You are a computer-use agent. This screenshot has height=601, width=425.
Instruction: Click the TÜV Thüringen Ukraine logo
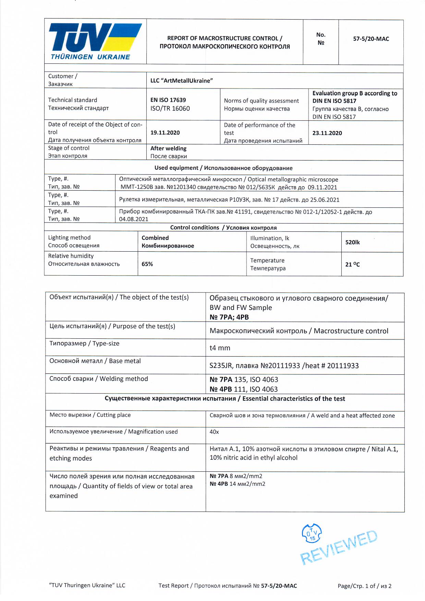click(x=95, y=41)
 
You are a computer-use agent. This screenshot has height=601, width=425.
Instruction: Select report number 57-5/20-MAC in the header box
click(x=371, y=39)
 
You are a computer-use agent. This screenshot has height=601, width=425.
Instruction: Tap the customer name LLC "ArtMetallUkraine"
click(x=181, y=81)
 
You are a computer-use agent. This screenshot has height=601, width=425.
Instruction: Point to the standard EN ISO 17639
click(x=168, y=100)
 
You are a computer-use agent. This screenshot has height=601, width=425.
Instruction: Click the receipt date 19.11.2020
click(x=165, y=133)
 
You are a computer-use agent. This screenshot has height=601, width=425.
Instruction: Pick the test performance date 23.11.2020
click(x=327, y=133)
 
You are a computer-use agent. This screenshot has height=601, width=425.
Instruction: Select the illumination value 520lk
click(x=352, y=242)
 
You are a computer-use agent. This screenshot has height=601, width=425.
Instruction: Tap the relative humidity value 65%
click(x=147, y=264)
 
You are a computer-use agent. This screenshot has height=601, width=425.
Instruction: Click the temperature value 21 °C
click(x=352, y=264)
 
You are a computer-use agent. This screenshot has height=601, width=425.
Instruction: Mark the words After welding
click(x=168, y=148)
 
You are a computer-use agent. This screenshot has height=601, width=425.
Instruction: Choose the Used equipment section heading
click(x=223, y=168)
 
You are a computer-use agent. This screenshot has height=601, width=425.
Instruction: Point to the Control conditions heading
click(x=223, y=228)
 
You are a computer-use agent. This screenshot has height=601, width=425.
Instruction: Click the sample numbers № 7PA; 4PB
click(x=229, y=317)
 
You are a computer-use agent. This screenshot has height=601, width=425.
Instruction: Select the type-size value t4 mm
click(x=220, y=348)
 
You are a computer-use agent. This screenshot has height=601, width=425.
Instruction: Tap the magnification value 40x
click(x=214, y=432)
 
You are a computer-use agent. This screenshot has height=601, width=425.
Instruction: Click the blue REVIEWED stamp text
click(x=339, y=548)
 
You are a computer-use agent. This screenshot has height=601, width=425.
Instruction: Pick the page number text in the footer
click(x=364, y=586)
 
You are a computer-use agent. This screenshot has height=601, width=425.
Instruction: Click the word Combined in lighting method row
click(x=155, y=238)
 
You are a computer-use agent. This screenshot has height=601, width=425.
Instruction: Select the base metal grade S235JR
click(x=221, y=366)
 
